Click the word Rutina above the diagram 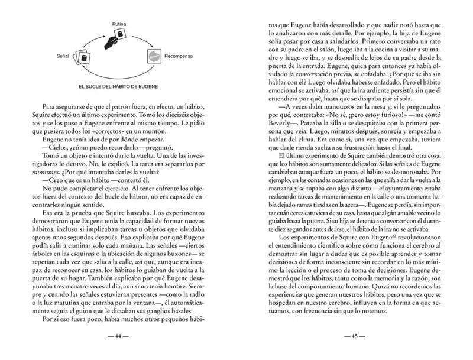pyautogui.click(x=121, y=23)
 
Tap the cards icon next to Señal pyautogui.click(x=83, y=57)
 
